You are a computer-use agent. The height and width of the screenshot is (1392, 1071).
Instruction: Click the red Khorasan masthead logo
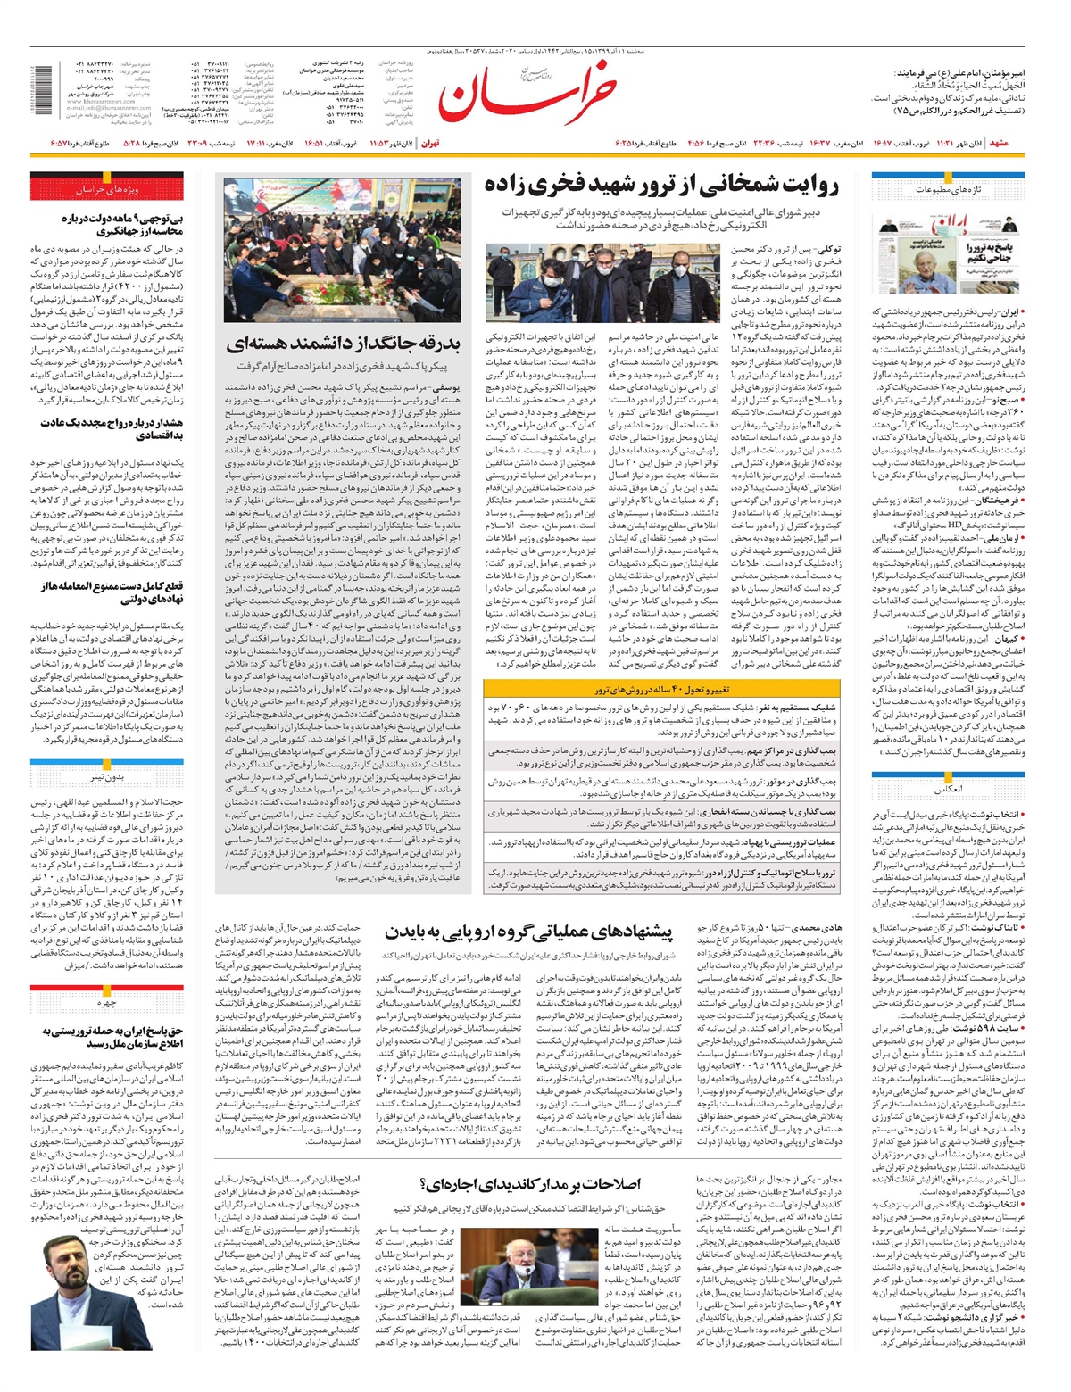pyautogui.click(x=527, y=93)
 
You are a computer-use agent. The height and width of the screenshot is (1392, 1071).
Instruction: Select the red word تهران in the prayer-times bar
pyautogui.click(x=430, y=143)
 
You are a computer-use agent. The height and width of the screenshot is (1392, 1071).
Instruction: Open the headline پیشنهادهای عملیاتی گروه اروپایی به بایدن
pyautogui.click(x=528, y=932)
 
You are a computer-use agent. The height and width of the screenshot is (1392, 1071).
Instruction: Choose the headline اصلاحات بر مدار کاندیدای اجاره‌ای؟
pyautogui.click(x=528, y=1184)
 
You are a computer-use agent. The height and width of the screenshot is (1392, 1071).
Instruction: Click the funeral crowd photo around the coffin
pyautogui.click(x=343, y=250)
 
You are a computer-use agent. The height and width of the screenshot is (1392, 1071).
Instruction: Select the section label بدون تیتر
pyautogui.click(x=106, y=776)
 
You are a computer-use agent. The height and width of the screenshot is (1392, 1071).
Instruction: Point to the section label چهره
pyautogui.click(x=106, y=1003)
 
